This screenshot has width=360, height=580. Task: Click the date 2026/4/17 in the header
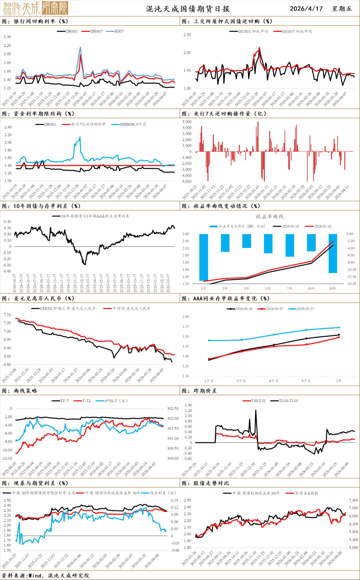(306, 9)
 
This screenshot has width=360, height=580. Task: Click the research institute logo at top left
(36, 8)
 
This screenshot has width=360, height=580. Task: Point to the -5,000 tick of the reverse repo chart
(186, 182)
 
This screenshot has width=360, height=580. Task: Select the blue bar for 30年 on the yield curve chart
(333, 253)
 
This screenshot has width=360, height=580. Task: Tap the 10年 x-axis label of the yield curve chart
(311, 289)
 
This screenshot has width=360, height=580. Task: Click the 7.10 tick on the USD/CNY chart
(7, 315)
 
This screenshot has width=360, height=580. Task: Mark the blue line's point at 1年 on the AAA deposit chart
(339, 327)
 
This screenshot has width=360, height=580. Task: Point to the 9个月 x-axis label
(306, 381)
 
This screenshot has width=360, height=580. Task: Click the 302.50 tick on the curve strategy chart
(173, 409)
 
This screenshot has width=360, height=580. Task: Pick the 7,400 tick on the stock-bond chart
(353, 500)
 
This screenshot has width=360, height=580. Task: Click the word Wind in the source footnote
(35, 576)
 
